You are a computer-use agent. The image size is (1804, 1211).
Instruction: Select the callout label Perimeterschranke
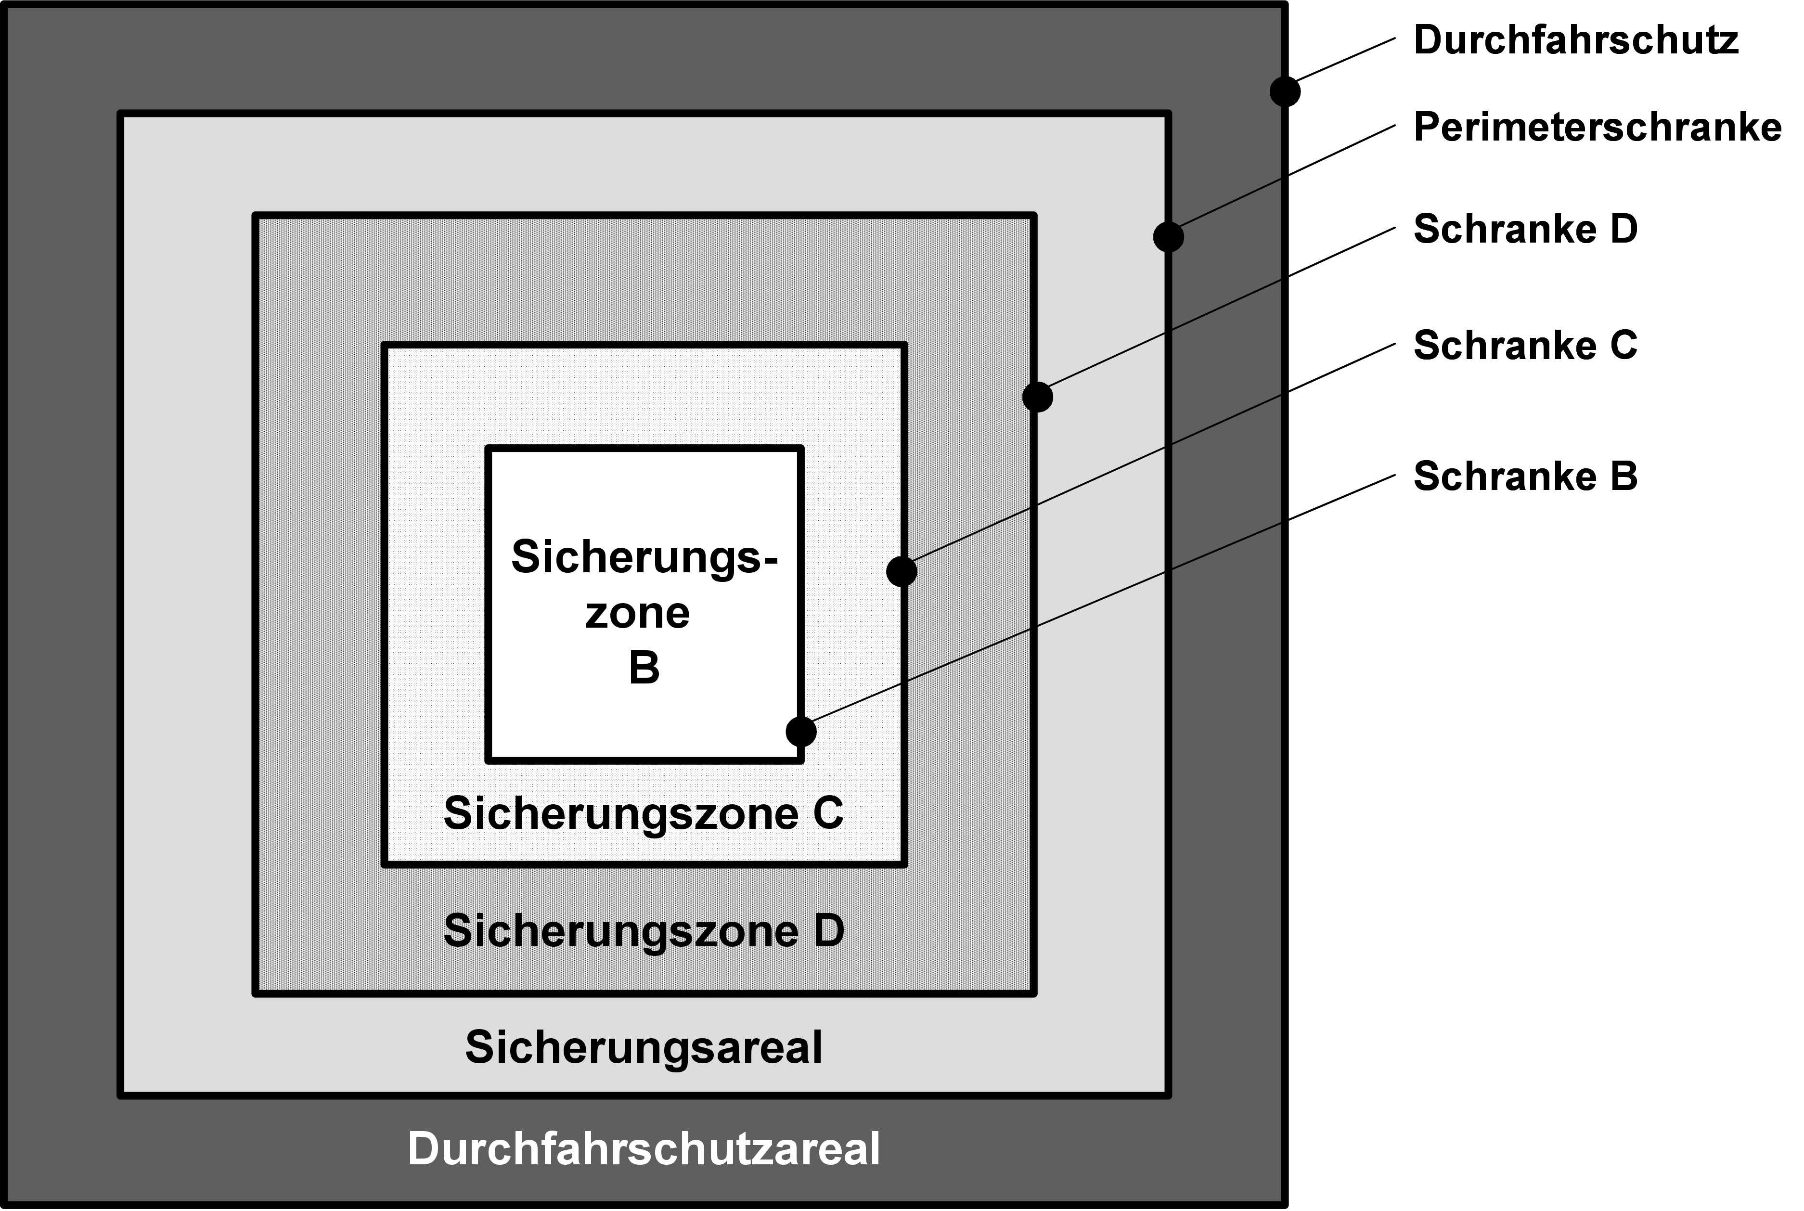click(1597, 128)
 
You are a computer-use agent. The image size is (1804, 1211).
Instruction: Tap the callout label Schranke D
click(1525, 230)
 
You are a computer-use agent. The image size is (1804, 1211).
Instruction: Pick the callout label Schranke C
click(1525, 345)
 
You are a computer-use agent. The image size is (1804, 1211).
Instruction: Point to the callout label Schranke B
click(1525, 477)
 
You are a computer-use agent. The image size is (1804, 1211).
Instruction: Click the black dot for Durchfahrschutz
click(1285, 91)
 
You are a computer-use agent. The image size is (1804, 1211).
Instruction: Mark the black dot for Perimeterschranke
click(1169, 236)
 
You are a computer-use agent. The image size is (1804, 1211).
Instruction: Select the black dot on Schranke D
click(1037, 397)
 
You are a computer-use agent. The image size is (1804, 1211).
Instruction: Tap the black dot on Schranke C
click(901, 571)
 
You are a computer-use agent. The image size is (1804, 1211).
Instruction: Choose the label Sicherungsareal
click(644, 1047)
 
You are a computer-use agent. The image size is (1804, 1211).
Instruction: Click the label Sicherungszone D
click(644, 931)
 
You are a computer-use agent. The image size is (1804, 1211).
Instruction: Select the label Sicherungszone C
click(644, 813)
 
